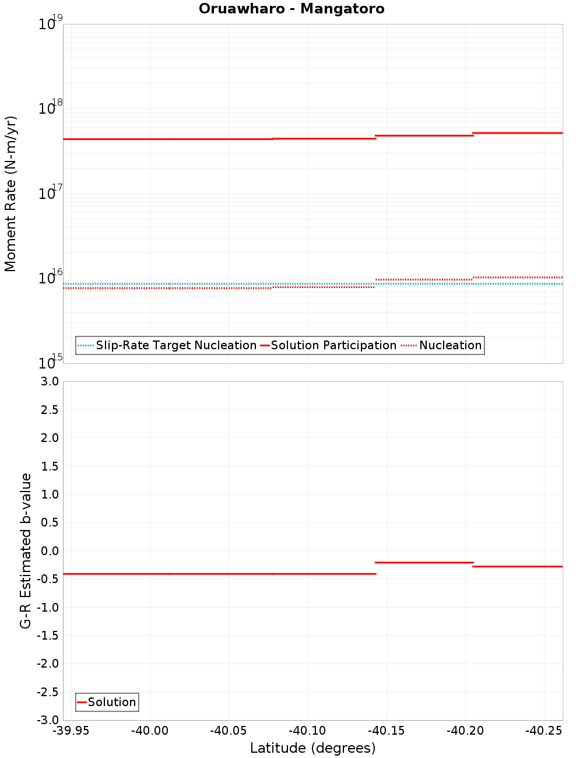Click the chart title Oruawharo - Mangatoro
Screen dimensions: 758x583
(291, 9)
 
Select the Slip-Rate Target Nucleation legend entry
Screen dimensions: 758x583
(167, 346)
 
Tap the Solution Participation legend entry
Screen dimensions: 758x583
(328, 346)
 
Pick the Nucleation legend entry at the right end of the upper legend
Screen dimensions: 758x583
(442, 346)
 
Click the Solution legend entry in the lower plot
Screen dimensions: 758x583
(107, 703)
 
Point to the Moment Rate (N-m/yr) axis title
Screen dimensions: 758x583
(10, 194)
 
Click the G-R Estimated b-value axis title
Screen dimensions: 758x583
(26, 550)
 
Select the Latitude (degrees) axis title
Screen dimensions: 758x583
(312, 748)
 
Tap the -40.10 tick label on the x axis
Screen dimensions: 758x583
(307, 731)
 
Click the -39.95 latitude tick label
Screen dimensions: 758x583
(71, 731)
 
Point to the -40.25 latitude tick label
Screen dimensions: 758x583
(543, 731)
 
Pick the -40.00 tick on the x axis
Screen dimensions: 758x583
(149, 731)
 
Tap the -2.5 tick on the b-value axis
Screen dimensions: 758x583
(48, 692)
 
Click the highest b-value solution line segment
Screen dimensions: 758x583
(423, 562)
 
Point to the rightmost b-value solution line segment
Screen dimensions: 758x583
(518, 566)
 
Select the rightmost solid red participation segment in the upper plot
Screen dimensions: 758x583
(518, 133)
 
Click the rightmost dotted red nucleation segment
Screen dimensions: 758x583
(518, 277)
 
